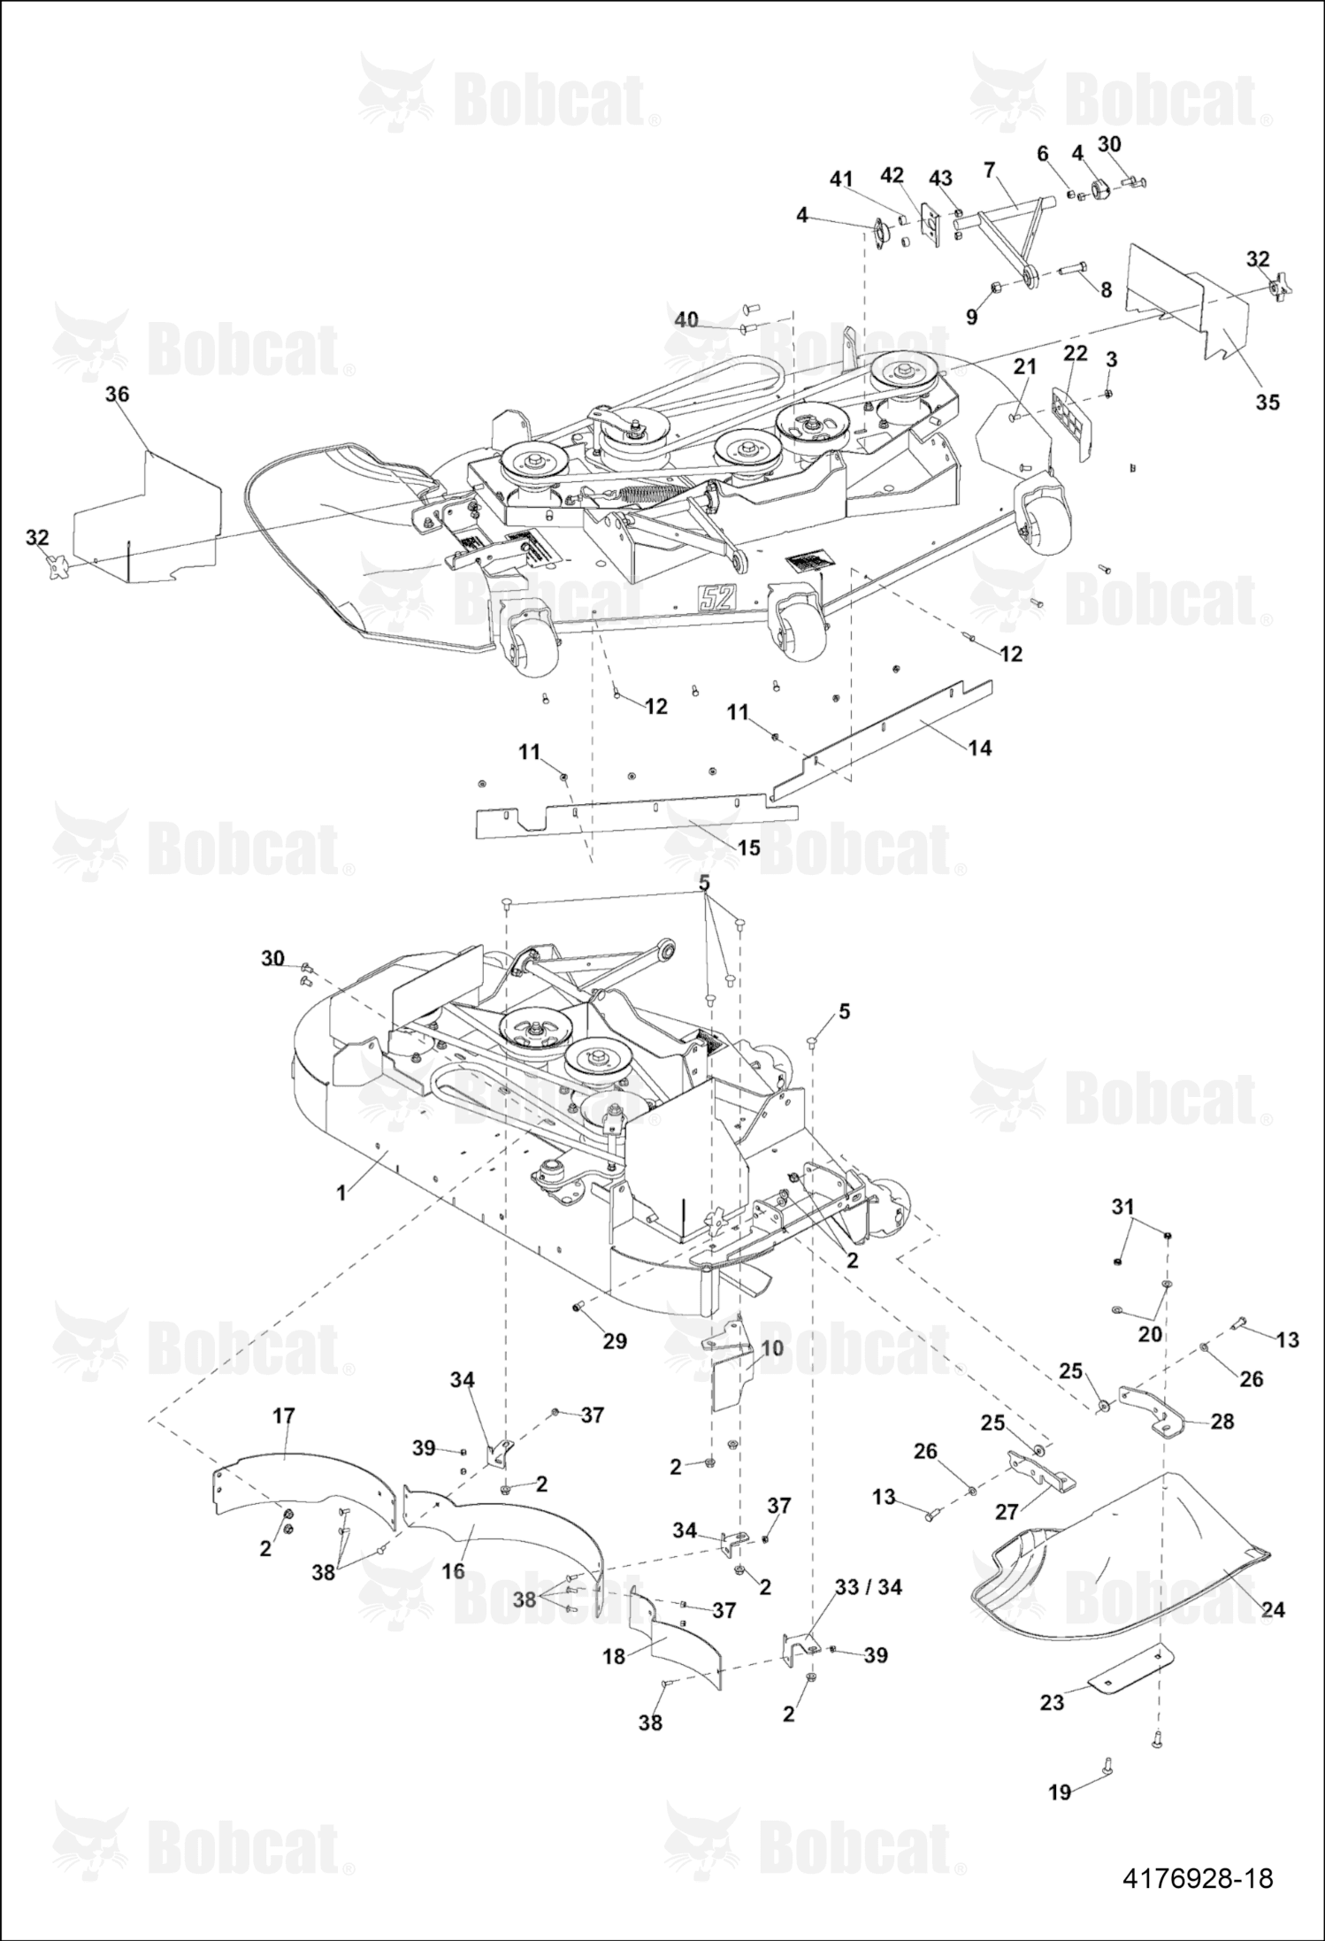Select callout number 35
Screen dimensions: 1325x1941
pyautogui.click(x=1268, y=402)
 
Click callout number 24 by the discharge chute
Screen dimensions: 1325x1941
pyautogui.click(x=1272, y=1609)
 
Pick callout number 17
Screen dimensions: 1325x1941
pyautogui.click(x=283, y=1415)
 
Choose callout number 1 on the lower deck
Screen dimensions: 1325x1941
pyautogui.click(x=341, y=1193)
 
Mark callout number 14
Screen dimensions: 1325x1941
pyautogui.click(x=979, y=748)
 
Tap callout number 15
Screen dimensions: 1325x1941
pyautogui.click(x=748, y=848)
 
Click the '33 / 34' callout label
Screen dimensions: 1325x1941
pyautogui.click(x=869, y=1587)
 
